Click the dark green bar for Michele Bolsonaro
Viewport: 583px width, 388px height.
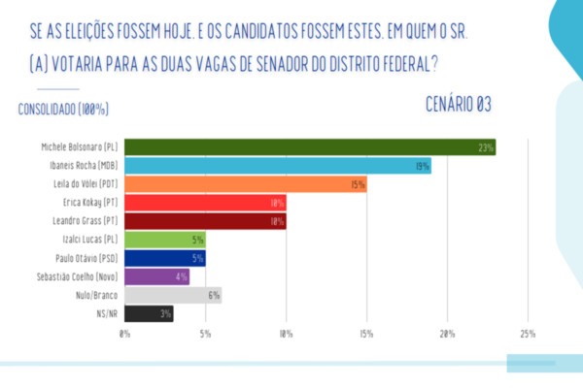click(310, 147)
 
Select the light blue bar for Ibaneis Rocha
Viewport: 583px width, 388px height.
click(278, 166)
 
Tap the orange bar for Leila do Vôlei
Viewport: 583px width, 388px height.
click(245, 184)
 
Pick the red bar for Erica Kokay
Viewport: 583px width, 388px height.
click(205, 203)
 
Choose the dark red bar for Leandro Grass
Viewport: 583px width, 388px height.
click(205, 221)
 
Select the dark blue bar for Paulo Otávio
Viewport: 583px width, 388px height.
click(164, 258)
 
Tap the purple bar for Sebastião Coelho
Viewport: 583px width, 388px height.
click(156, 276)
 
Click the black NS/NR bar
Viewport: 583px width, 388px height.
click(149, 313)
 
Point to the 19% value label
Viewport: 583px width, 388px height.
click(423, 166)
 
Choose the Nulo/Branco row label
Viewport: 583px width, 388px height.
click(95, 295)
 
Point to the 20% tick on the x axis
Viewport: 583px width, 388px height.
click(447, 335)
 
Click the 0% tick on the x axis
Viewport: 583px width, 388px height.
click(124, 335)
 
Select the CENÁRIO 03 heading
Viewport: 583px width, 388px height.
click(459, 104)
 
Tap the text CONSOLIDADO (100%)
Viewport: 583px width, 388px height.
click(63, 109)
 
